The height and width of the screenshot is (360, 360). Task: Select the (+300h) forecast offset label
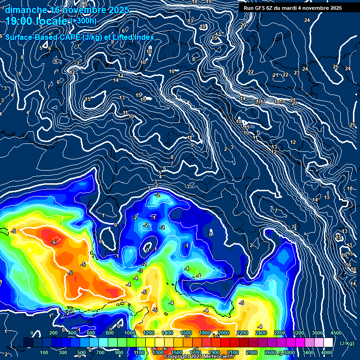pos(83,21)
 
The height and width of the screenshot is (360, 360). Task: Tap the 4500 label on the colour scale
pos(336,333)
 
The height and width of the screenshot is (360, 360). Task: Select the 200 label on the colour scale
pos(53,333)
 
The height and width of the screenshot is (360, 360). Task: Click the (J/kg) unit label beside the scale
pos(347,344)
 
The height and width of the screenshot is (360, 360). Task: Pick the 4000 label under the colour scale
pos(327,352)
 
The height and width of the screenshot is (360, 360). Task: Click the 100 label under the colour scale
pos(45,352)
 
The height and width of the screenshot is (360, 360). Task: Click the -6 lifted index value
pos(54,242)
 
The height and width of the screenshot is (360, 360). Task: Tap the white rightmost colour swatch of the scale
pos(328,343)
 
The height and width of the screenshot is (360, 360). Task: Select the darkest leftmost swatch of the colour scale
pos(28,343)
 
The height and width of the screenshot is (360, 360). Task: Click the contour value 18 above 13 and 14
pos(349,189)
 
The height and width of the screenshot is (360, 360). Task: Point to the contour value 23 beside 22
pos(297,73)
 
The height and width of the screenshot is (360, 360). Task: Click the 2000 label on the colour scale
pos(223,333)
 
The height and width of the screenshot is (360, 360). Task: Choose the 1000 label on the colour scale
pos(129,333)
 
